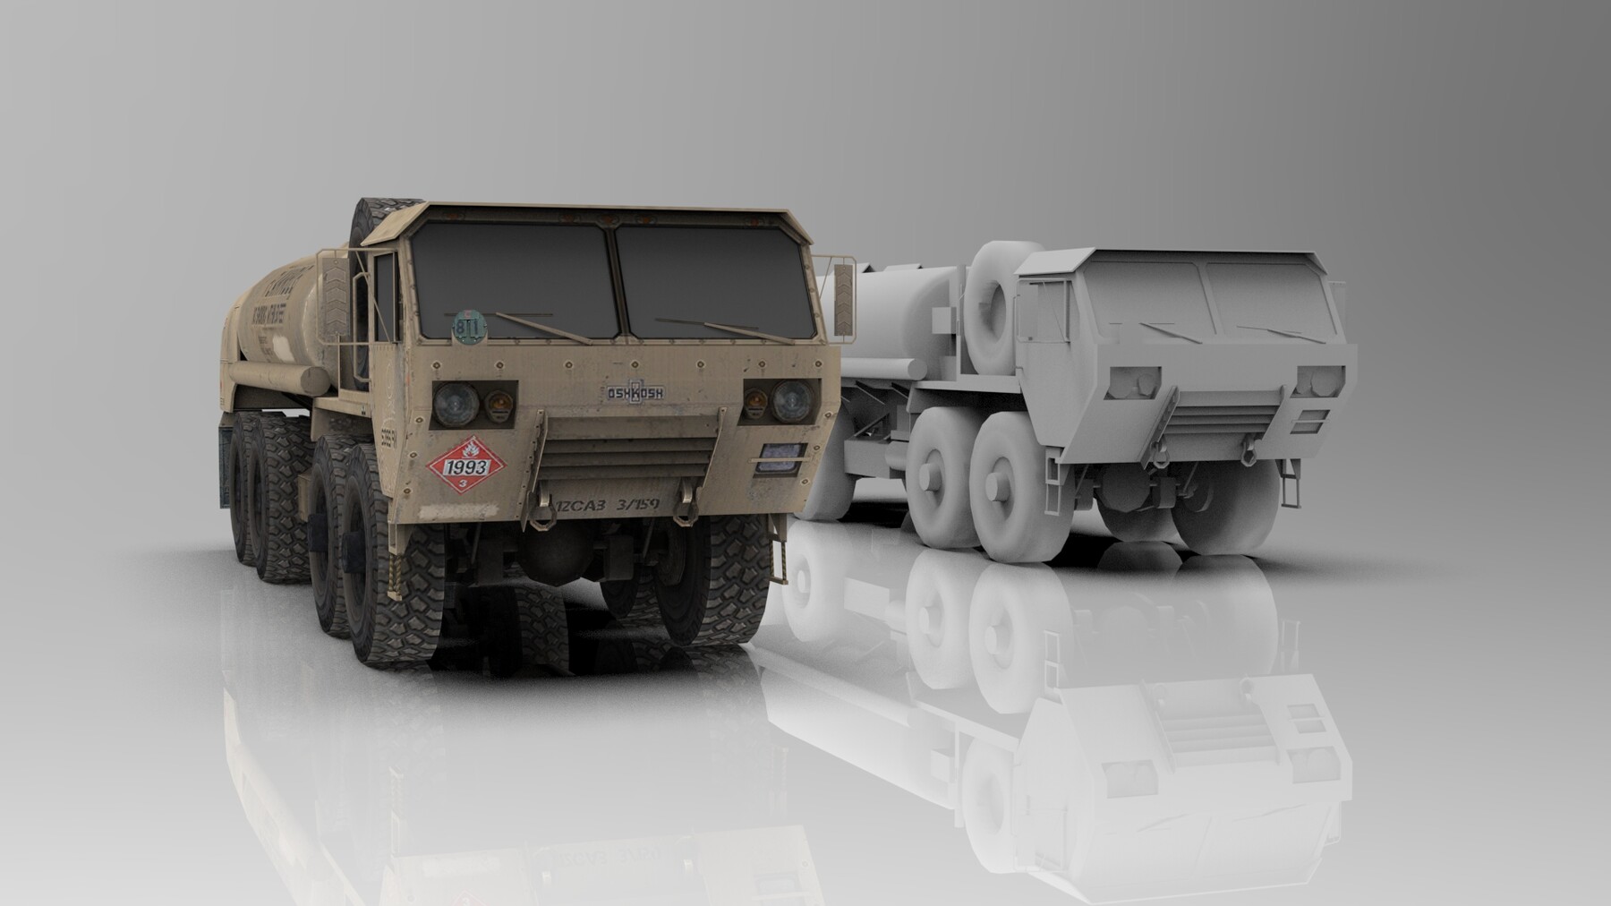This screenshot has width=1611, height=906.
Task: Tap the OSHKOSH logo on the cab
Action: pyautogui.click(x=630, y=392)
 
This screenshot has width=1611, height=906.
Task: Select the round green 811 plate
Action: pyautogui.click(x=465, y=326)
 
